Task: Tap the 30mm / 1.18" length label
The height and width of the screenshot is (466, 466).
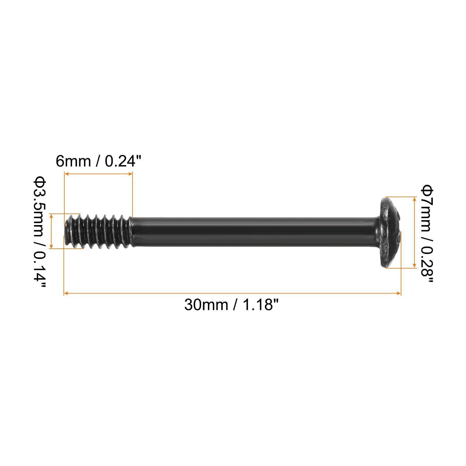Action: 232,305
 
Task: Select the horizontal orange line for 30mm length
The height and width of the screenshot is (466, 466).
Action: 232,293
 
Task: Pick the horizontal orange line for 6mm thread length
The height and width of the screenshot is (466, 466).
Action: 98,174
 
